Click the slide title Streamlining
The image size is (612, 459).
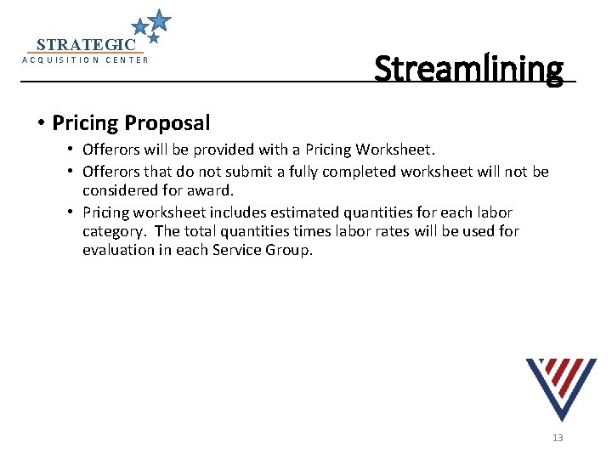coord(468,67)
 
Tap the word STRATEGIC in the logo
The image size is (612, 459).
coord(86,44)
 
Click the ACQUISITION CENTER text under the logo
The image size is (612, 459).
coord(85,60)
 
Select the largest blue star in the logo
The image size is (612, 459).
coord(159,20)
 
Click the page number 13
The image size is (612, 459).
coord(558,438)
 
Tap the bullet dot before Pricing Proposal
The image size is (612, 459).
coord(41,123)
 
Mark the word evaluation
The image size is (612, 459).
coord(120,251)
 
